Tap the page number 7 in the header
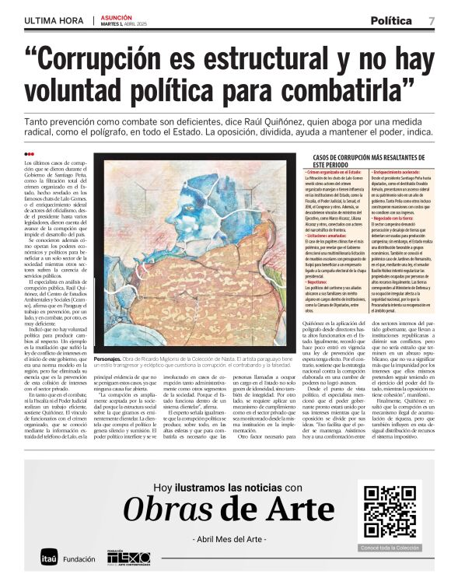pyautogui.click(x=431, y=20)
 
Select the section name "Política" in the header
pyautogui.click(x=390, y=20)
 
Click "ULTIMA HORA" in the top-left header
pyautogui.click(x=54, y=20)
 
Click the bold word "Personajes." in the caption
pyautogui.click(x=110, y=381)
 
